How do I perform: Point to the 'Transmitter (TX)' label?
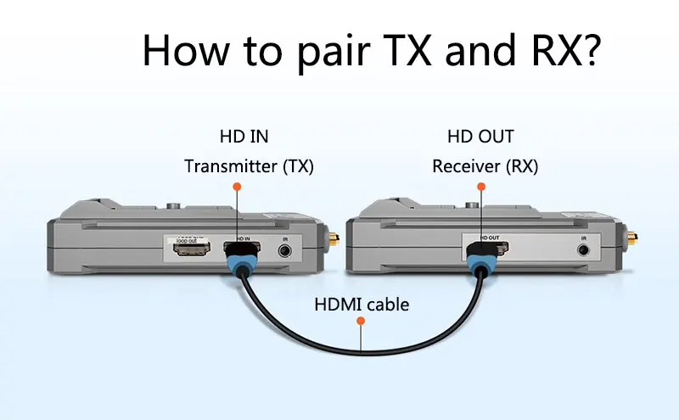(x=249, y=166)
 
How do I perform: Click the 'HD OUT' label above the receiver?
(x=480, y=136)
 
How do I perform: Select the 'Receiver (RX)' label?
(x=485, y=166)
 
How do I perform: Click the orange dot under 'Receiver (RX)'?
(x=480, y=186)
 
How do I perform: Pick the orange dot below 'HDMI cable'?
(x=361, y=322)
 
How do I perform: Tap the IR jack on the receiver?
(x=583, y=250)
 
